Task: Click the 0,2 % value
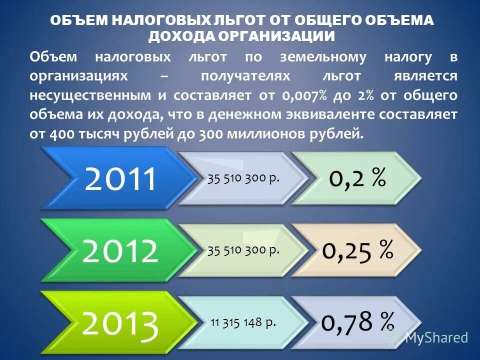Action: [x=357, y=178]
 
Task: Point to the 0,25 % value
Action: [x=357, y=250]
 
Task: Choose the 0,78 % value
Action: [x=357, y=321]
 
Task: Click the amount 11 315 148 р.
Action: [x=243, y=322]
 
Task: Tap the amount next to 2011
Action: [x=243, y=178]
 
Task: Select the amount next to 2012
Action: [x=243, y=250]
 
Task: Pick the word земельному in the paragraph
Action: [x=323, y=57]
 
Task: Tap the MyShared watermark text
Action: [x=436, y=337]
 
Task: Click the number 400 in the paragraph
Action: [x=60, y=133]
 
